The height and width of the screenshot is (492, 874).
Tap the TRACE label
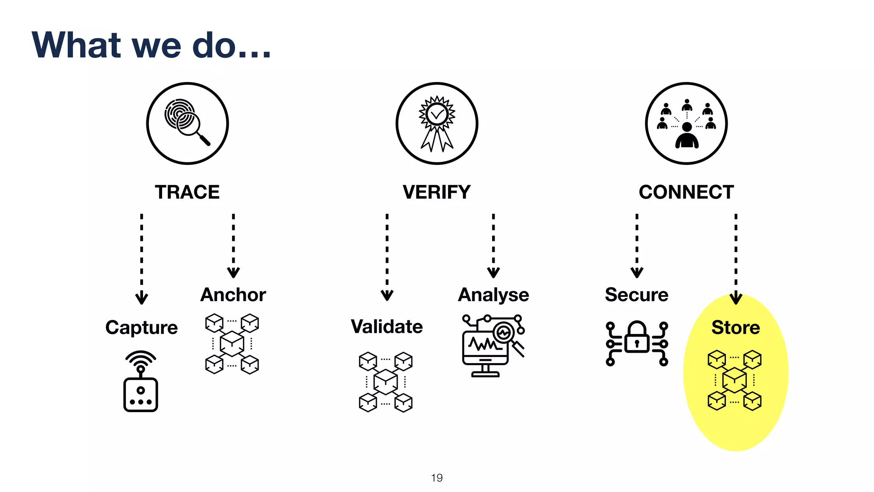point(187,192)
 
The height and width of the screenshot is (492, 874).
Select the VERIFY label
point(437,192)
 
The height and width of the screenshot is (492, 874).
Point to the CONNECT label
point(686,192)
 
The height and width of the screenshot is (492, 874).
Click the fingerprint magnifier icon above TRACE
point(187,123)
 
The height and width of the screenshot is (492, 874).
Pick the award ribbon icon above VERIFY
point(437,123)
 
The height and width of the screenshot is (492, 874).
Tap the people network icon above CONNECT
point(686,123)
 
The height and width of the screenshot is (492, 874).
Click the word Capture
point(141,328)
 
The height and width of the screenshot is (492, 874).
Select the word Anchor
point(233,295)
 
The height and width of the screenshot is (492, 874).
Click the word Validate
point(387,327)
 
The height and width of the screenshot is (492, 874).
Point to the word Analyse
point(493,295)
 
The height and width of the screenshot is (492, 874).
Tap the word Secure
point(636,295)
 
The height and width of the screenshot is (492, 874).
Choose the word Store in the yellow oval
point(736,328)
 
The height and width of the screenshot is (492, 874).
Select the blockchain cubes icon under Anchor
point(232,344)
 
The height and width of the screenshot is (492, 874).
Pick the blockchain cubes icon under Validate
point(386,381)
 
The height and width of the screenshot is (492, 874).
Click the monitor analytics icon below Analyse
point(493,346)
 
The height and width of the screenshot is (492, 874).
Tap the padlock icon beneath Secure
point(637,343)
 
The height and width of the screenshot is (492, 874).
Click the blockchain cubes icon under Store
point(734,380)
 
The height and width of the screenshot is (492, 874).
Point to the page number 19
point(437,477)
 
